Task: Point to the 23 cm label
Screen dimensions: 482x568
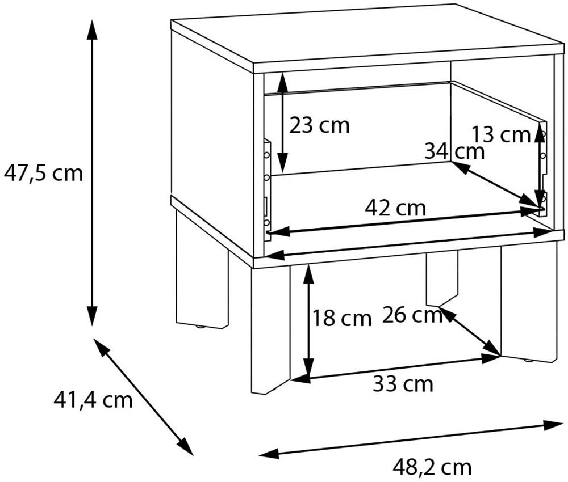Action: click(319, 125)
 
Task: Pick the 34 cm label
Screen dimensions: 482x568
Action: click(454, 151)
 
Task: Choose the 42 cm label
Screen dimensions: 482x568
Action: click(395, 208)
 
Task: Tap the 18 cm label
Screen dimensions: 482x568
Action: click(341, 318)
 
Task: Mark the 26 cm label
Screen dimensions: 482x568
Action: click(412, 314)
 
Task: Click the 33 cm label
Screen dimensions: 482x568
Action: click(403, 384)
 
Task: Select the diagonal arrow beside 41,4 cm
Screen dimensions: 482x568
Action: click(143, 396)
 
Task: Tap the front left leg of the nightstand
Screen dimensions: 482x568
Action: click(270, 329)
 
